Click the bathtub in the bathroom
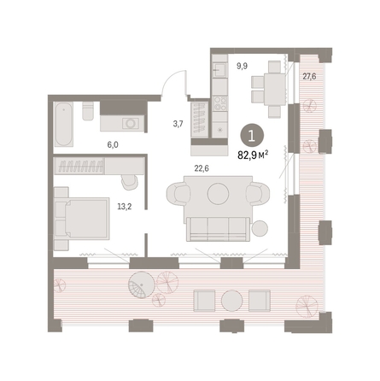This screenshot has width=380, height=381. pyautogui.click(x=63, y=125)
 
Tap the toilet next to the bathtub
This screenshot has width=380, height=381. pyautogui.click(x=88, y=111)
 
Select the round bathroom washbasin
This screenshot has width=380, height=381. pyautogui.click(x=131, y=123)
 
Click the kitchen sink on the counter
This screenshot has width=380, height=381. pyautogui.click(x=220, y=69)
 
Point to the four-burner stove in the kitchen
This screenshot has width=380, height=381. pyautogui.click(x=220, y=103)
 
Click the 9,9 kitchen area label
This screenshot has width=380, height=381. pyautogui.click(x=242, y=67)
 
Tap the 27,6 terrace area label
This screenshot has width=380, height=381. pyautogui.click(x=309, y=76)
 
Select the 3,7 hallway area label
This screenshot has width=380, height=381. pyautogui.click(x=178, y=124)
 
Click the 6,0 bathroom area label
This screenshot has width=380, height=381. pyautogui.click(x=113, y=144)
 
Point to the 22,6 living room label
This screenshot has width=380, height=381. pyautogui.click(x=202, y=168)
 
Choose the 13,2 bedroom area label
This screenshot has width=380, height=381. pyautogui.click(x=125, y=207)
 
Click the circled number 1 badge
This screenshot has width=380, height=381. pyautogui.click(x=252, y=137)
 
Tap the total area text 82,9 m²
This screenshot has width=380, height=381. pyautogui.click(x=253, y=155)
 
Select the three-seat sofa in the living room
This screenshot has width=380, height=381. pyautogui.click(x=219, y=229)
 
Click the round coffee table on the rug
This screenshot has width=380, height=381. pyautogui.click(x=218, y=194)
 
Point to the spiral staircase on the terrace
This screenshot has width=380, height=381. pyautogui.click(x=142, y=285)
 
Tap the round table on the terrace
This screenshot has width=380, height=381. pyautogui.click(x=232, y=301)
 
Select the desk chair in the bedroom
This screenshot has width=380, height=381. pyautogui.click(x=129, y=182)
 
